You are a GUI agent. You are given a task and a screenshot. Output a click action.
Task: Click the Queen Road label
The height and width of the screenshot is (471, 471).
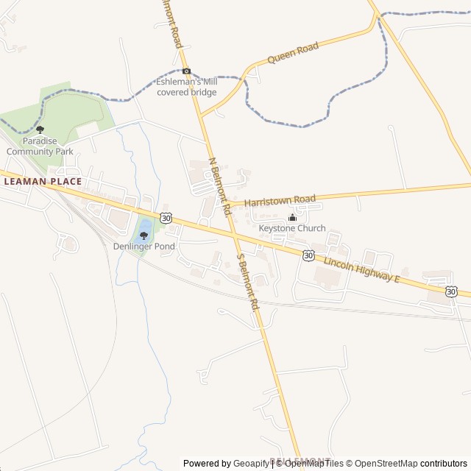(x=292, y=52)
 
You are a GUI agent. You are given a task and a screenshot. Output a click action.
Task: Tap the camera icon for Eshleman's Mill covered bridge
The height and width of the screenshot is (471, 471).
(x=186, y=71)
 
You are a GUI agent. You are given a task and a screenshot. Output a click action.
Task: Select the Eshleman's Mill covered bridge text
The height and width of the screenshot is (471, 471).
(x=186, y=88)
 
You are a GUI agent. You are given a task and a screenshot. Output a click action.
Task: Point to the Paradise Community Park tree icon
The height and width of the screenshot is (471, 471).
(x=40, y=130)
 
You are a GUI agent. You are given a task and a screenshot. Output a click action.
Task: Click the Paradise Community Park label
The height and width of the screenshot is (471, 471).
(x=40, y=146)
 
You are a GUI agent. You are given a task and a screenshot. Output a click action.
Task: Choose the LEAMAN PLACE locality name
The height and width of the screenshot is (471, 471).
(x=43, y=181)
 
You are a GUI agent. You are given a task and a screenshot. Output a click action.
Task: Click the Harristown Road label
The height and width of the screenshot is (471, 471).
(x=280, y=199)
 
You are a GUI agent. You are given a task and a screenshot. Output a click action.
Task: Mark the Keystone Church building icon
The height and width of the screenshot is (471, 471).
(x=292, y=217)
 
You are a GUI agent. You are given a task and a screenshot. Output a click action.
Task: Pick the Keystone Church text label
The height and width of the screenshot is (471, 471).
(x=292, y=228)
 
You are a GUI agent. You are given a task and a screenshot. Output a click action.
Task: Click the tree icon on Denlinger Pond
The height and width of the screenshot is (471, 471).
(x=144, y=235)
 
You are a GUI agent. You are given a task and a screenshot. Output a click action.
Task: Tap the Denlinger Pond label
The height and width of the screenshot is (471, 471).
(x=144, y=246)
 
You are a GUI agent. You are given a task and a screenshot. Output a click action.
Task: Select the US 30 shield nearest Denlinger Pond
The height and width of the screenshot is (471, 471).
(x=166, y=218)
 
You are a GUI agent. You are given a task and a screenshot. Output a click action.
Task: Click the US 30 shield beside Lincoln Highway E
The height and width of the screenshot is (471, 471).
(x=308, y=255)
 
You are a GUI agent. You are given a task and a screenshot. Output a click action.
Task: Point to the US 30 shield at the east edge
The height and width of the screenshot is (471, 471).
(x=451, y=292)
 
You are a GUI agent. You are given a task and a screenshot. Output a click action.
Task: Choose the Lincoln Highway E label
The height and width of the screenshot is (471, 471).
(x=361, y=270)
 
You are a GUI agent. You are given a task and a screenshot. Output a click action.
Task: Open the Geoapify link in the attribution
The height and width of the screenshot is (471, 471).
(x=252, y=464)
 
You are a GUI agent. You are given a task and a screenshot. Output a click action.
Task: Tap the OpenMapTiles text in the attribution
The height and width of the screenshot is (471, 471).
(x=314, y=464)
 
